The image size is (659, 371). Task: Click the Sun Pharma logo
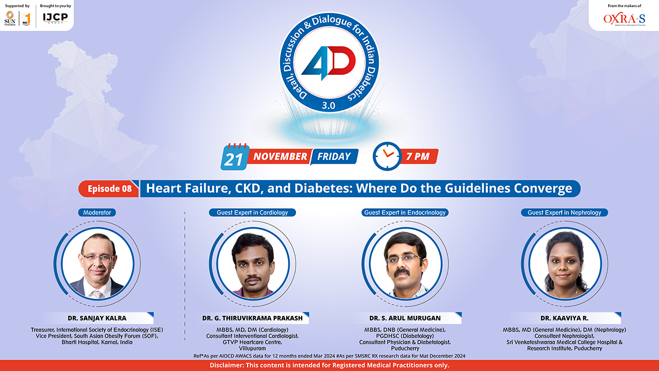point(10,19)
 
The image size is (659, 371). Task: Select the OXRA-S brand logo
point(624,19)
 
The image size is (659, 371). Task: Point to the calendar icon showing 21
point(234,157)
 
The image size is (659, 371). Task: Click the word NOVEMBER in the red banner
point(281,157)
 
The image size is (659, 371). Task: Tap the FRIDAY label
point(334,157)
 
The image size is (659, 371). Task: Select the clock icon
point(387,156)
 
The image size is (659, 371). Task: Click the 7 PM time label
point(418,157)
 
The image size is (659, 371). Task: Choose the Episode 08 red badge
point(109,189)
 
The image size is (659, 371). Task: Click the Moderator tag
point(97,212)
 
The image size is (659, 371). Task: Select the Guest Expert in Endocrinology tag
point(405,212)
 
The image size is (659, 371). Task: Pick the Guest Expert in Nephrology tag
point(564,212)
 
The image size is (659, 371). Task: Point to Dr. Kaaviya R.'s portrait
point(565,264)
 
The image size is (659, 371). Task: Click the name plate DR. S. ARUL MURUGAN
point(405,318)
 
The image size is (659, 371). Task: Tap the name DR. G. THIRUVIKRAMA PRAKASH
point(252,318)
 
